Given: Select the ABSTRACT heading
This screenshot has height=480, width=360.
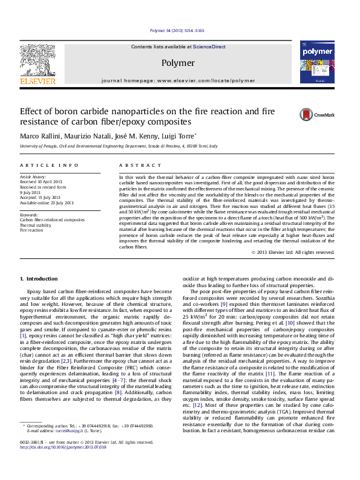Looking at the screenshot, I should coord(135,165).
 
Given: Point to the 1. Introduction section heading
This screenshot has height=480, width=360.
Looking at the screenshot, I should coord(39,279).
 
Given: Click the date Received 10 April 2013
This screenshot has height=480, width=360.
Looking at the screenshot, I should coord(41,181).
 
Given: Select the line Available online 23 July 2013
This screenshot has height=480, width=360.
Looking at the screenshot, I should coord(47,203).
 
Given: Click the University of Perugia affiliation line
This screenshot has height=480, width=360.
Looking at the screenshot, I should coord(119,146).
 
